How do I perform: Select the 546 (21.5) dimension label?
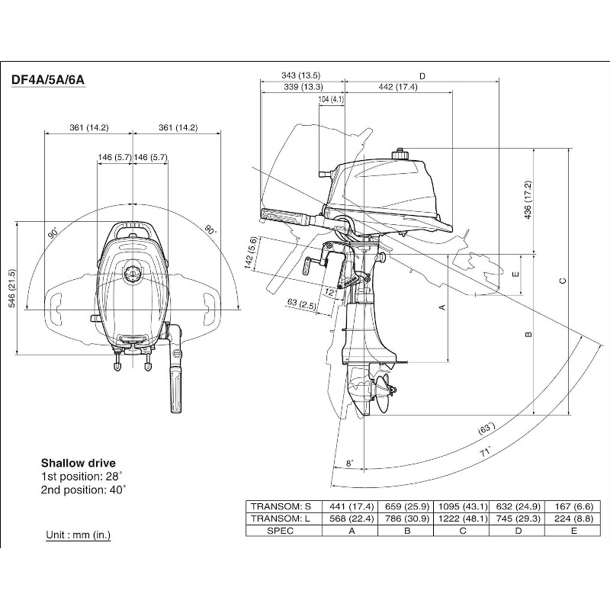[x=11, y=287]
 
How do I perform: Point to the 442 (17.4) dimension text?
[x=398, y=87]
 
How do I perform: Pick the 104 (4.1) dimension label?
[x=332, y=99]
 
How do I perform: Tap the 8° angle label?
[x=349, y=463]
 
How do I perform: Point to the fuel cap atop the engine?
[x=400, y=156]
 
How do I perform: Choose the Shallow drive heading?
[x=79, y=463]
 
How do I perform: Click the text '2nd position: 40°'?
[x=84, y=490]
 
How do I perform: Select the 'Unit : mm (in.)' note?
[x=78, y=535]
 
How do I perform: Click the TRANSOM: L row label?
[x=281, y=519]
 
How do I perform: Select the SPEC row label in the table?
[x=281, y=531]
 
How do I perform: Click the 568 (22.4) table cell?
[x=352, y=519]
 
